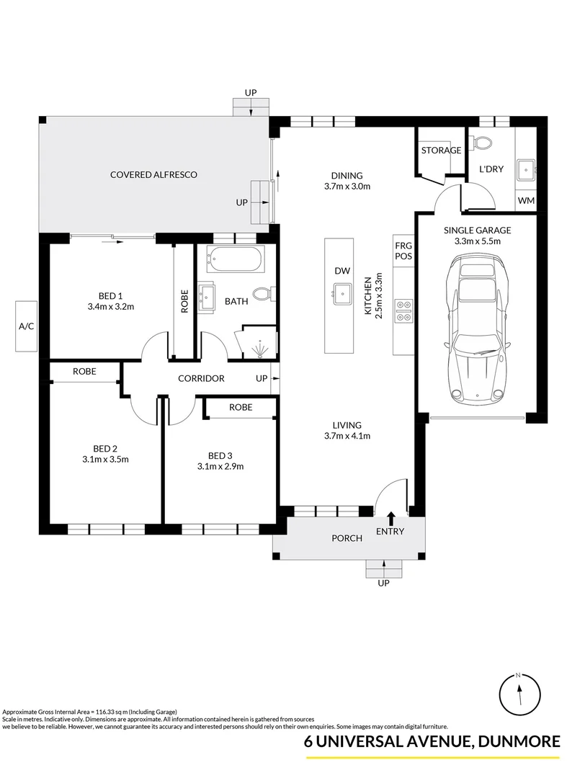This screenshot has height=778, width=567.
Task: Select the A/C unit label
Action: coord(27,326)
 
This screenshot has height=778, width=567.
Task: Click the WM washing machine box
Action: coord(526,200)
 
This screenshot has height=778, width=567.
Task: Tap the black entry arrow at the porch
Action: coord(390,517)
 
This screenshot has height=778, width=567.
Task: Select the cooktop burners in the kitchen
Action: coord(403,310)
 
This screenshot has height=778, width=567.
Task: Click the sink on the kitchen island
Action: coord(342,292)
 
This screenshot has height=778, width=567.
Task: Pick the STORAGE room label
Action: coord(441,151)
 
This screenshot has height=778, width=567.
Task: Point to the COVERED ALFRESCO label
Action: coord(153,174)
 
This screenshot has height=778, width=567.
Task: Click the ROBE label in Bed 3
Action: coord(241,407)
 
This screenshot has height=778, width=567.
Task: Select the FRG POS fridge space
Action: coord(403,250)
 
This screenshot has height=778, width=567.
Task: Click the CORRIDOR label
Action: coord(202,378)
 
